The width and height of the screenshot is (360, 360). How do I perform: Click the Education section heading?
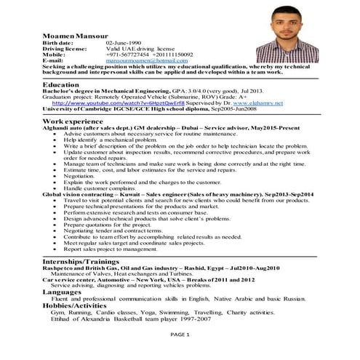coord(61,84)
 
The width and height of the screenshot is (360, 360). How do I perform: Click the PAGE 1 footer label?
coord(180,333)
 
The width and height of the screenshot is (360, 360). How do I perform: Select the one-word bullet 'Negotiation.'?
coord(80,176)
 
